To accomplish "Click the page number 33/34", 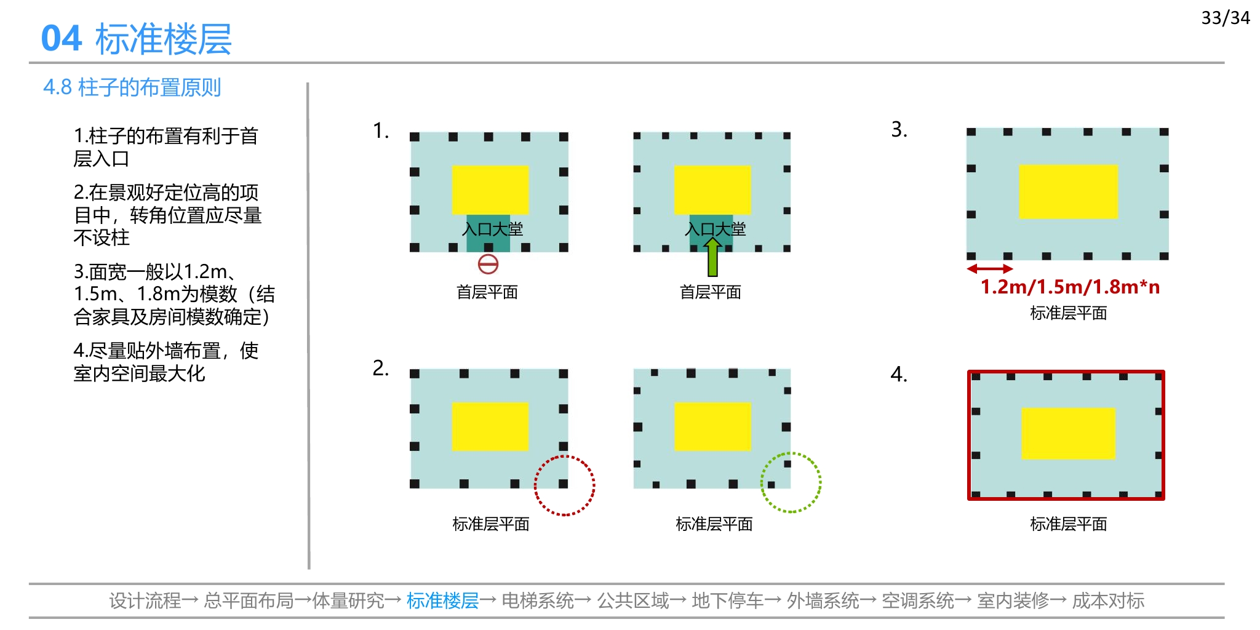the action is point(1226,18).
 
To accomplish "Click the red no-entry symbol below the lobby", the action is point(488,265).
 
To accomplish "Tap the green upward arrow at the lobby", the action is point(712,257).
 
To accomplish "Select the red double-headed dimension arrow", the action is point(990,269).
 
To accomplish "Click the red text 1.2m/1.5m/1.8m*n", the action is point(1070,287).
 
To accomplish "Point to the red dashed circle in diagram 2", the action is point(565,456).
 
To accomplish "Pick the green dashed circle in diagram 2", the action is point(791,453).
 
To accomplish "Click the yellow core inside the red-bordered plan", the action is point(1068,433).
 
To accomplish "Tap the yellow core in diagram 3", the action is point(1068,191).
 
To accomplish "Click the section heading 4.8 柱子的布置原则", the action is point(132,87).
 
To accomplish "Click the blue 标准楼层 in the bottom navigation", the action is point(442,600).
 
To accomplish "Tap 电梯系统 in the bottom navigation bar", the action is point(537,600).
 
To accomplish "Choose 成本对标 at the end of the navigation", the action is point(1108,600).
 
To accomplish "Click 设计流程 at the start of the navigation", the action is point(145,600).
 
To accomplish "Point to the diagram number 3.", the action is point(899,130).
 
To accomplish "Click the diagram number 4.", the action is point(899,374).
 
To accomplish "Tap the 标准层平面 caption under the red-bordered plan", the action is point(1069,524).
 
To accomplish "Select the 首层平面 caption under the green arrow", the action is point(711,292).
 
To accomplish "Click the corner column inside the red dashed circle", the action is point(563,484).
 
